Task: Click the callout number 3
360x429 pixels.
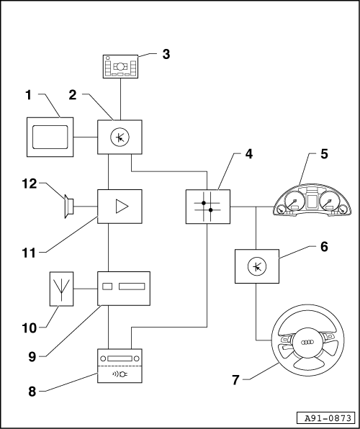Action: [x=166, y=54]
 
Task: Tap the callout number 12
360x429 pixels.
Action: [x=30, y=184]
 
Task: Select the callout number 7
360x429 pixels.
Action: [x=235, y=380]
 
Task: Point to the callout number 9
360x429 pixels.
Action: [x=32, y=357]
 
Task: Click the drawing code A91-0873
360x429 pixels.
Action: [x=328, y=418]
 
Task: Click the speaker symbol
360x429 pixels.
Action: [x=68, y=207]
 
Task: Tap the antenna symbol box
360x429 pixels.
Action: [x=62, y=289]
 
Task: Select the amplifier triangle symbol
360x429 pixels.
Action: [x=122, y=207]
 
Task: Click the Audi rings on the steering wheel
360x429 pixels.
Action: [x=307, y=343]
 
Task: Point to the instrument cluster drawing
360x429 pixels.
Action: [x=313, y=200]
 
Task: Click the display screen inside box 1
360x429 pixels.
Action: [x=50, y=137]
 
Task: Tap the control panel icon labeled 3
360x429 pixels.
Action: [x=120, y=66]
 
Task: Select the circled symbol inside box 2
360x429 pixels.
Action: [x=120, y=137]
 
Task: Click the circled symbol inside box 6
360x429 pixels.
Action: [x=257, y=266]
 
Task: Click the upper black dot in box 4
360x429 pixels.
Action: [x=204, y=203]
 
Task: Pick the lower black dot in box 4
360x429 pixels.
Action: [x=210, y=210]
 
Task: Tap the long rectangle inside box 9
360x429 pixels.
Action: [x=132, y=286]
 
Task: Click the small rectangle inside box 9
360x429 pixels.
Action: [x=107, y=286]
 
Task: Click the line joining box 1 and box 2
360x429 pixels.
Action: [x=86, y=137]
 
